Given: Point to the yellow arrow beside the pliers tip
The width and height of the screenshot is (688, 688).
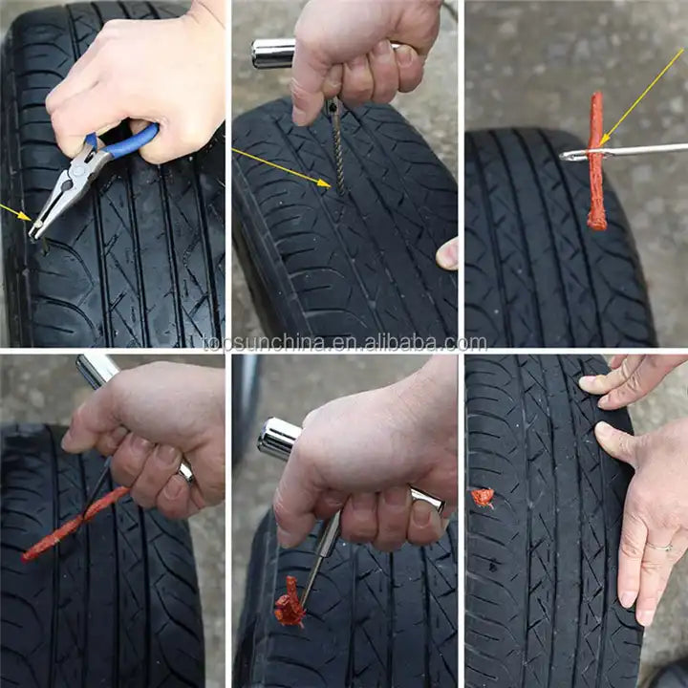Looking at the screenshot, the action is coord(16,212).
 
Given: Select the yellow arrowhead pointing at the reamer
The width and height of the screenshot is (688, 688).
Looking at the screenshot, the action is coord(325,183).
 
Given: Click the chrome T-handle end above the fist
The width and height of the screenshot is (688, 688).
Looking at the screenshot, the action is coord(273,54).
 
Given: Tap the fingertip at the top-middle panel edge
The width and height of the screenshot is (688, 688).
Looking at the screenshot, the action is coord(447,253).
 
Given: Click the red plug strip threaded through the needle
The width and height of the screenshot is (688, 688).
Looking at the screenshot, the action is coord(596,161).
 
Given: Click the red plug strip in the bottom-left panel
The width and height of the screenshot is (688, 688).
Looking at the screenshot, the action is coord(75,525).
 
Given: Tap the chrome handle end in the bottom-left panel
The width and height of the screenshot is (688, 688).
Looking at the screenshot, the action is coord(97,371).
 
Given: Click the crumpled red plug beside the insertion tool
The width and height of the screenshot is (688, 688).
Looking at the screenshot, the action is coord(290,602).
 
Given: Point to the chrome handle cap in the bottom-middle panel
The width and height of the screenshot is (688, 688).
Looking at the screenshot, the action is coord(279,439).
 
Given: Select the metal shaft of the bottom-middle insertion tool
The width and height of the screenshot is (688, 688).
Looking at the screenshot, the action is coord(321,556).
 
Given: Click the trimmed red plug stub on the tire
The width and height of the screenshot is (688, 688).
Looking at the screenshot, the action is coord(483,498).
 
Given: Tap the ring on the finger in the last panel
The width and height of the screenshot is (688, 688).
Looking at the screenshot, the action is coord(659,547).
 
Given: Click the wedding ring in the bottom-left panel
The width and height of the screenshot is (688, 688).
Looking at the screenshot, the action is coord(186,471).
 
